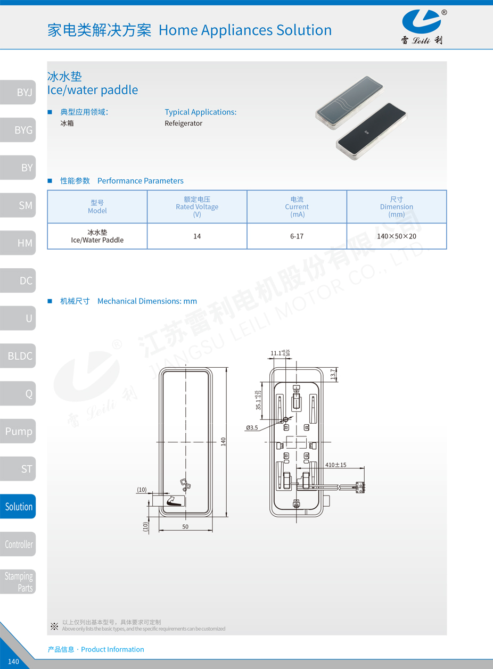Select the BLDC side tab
click(18, 356)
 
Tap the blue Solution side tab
click(18, 506)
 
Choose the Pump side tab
click(18, 431)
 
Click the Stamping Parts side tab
click(18, 582)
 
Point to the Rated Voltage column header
click(197, 207)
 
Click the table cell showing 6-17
click(297, 236)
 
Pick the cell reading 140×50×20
click(397, 236)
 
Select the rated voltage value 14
click(197, 236)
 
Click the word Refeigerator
click(184, 123)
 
